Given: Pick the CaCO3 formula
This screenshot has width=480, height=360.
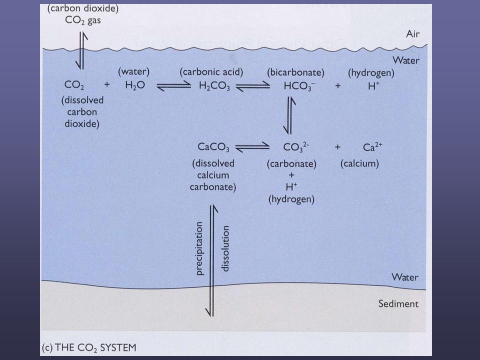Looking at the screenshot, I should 213,147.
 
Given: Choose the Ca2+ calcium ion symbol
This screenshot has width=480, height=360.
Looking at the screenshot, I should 373,147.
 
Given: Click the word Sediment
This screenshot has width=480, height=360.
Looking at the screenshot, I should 398,303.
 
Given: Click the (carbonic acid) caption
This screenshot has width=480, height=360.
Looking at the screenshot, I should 211,72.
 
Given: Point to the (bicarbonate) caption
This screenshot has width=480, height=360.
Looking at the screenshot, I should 296,72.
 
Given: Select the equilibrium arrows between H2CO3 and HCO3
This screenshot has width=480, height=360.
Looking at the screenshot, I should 252,86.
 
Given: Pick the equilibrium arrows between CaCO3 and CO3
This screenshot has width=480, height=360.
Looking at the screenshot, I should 252,147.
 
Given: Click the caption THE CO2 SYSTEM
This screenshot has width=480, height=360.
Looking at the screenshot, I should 88,347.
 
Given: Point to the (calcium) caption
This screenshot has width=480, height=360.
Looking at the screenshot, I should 359,163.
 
